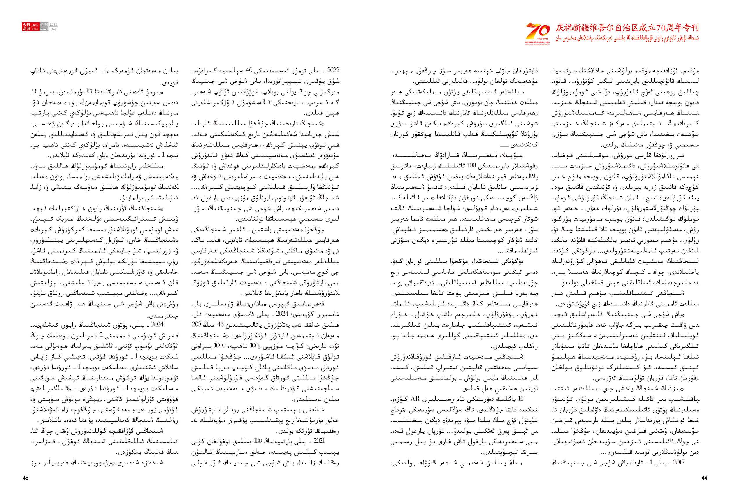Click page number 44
tap(704, 478)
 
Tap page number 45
tap(26, 478)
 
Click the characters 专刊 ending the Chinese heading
tap(691, 28)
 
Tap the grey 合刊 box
tap(44, 24)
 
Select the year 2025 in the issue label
tap(53, 24)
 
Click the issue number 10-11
tap(53, 29)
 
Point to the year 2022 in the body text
tap(333, 70)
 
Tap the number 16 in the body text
tap(521, 399)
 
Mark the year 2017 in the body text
tap(678, 462)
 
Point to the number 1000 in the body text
tap(219, 346)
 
